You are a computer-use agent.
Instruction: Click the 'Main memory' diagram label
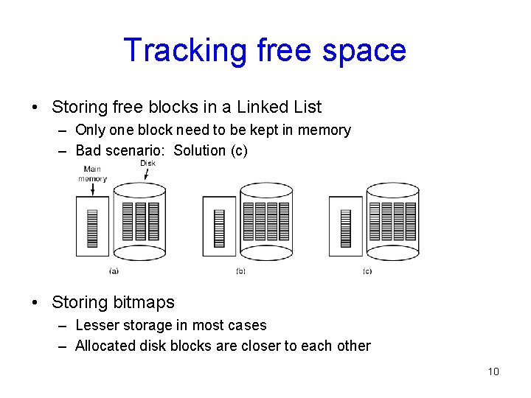click(92, 174)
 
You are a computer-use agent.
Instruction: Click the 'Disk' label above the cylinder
click(147, 163)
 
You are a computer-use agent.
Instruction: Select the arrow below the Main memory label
click(93, 189)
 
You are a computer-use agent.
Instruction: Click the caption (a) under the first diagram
click(114, 271)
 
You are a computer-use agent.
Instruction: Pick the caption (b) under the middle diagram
click(240, 271)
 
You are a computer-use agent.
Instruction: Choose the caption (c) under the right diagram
click(367, 271)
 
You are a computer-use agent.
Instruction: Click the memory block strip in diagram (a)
click(92, 228)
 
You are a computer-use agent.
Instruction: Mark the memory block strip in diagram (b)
click(219, 228)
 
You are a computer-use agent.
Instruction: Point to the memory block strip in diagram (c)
click(346, 228)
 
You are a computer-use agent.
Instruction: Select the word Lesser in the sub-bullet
click(97, 325)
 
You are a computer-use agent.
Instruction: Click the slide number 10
click(493, 371)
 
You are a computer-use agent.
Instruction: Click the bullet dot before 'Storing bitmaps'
click(36, 302)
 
